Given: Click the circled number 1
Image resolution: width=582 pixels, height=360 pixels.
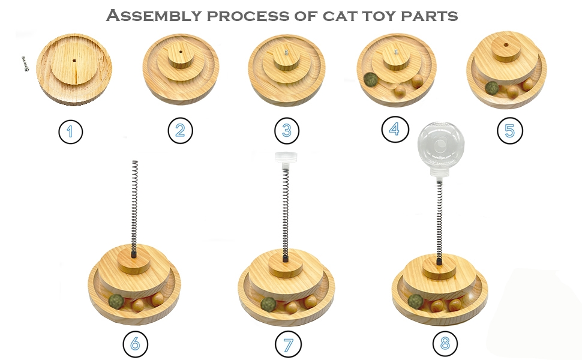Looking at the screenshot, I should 71,132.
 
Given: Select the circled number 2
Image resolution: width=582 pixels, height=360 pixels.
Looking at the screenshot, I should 180,131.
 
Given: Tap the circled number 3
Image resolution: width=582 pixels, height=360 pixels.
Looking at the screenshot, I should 286,131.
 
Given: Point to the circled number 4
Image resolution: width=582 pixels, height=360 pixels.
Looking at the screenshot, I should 394,130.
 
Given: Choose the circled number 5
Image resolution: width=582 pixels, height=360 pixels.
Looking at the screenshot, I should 509,131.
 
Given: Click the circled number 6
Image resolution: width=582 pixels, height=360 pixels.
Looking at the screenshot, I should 135,344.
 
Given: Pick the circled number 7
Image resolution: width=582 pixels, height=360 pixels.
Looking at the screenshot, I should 288,344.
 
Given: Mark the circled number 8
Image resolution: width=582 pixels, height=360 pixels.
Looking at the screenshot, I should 445,344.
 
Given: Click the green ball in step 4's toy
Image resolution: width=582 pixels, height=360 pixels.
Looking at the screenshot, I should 371,80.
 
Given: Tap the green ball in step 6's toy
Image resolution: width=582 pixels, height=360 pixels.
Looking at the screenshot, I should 116,300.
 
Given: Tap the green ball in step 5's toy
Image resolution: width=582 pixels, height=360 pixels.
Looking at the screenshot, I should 492,88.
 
